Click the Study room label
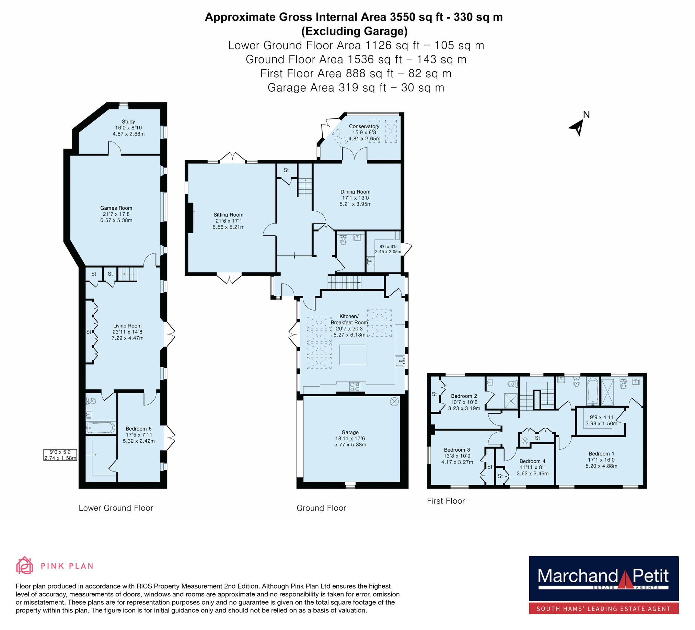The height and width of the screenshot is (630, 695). coord(128,122)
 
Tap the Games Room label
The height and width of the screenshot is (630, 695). coord(116,208)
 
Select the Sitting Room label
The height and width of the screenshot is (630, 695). coord(228,215)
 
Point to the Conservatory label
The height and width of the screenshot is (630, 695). coord(364,126)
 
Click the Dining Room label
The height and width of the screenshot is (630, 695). coord(356,191)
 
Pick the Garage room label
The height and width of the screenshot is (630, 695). coord(350,432)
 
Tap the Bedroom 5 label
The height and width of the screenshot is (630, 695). coord(139,429)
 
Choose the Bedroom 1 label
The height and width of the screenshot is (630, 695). coord(601,454)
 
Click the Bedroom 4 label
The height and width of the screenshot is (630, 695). coord(532,461)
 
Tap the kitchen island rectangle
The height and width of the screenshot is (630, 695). coord(353,355)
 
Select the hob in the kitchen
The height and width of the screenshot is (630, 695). coord(355,387)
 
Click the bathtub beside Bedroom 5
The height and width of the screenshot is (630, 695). coord(101,428)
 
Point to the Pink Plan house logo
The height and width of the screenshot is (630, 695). coord(24,565)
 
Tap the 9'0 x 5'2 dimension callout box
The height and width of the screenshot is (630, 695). coord(60,455)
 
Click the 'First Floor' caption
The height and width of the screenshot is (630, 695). coord(446,501)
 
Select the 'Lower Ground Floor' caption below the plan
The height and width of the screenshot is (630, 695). coord(116,507)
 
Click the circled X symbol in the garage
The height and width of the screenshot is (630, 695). coord(394,401)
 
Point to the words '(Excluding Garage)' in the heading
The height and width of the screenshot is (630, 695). coord(355,31)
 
